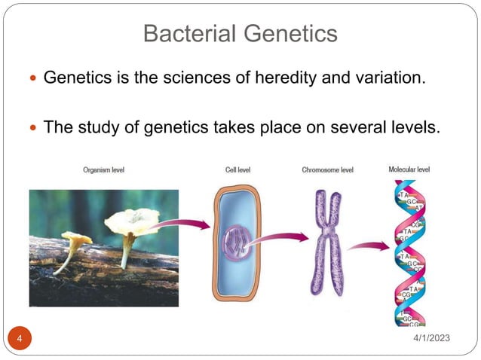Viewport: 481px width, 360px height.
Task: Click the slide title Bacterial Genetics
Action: click(240, 33)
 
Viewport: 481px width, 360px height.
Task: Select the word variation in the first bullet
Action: click(393, 77)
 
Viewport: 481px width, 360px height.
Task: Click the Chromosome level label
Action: click(327, 170)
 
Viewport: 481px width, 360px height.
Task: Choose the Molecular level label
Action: click(409, 169)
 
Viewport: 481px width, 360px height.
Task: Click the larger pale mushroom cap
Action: click(133, 220)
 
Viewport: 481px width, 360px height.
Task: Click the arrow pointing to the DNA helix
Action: click(370, 245)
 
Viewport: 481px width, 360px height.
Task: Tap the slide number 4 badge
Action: click(20, 338)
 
